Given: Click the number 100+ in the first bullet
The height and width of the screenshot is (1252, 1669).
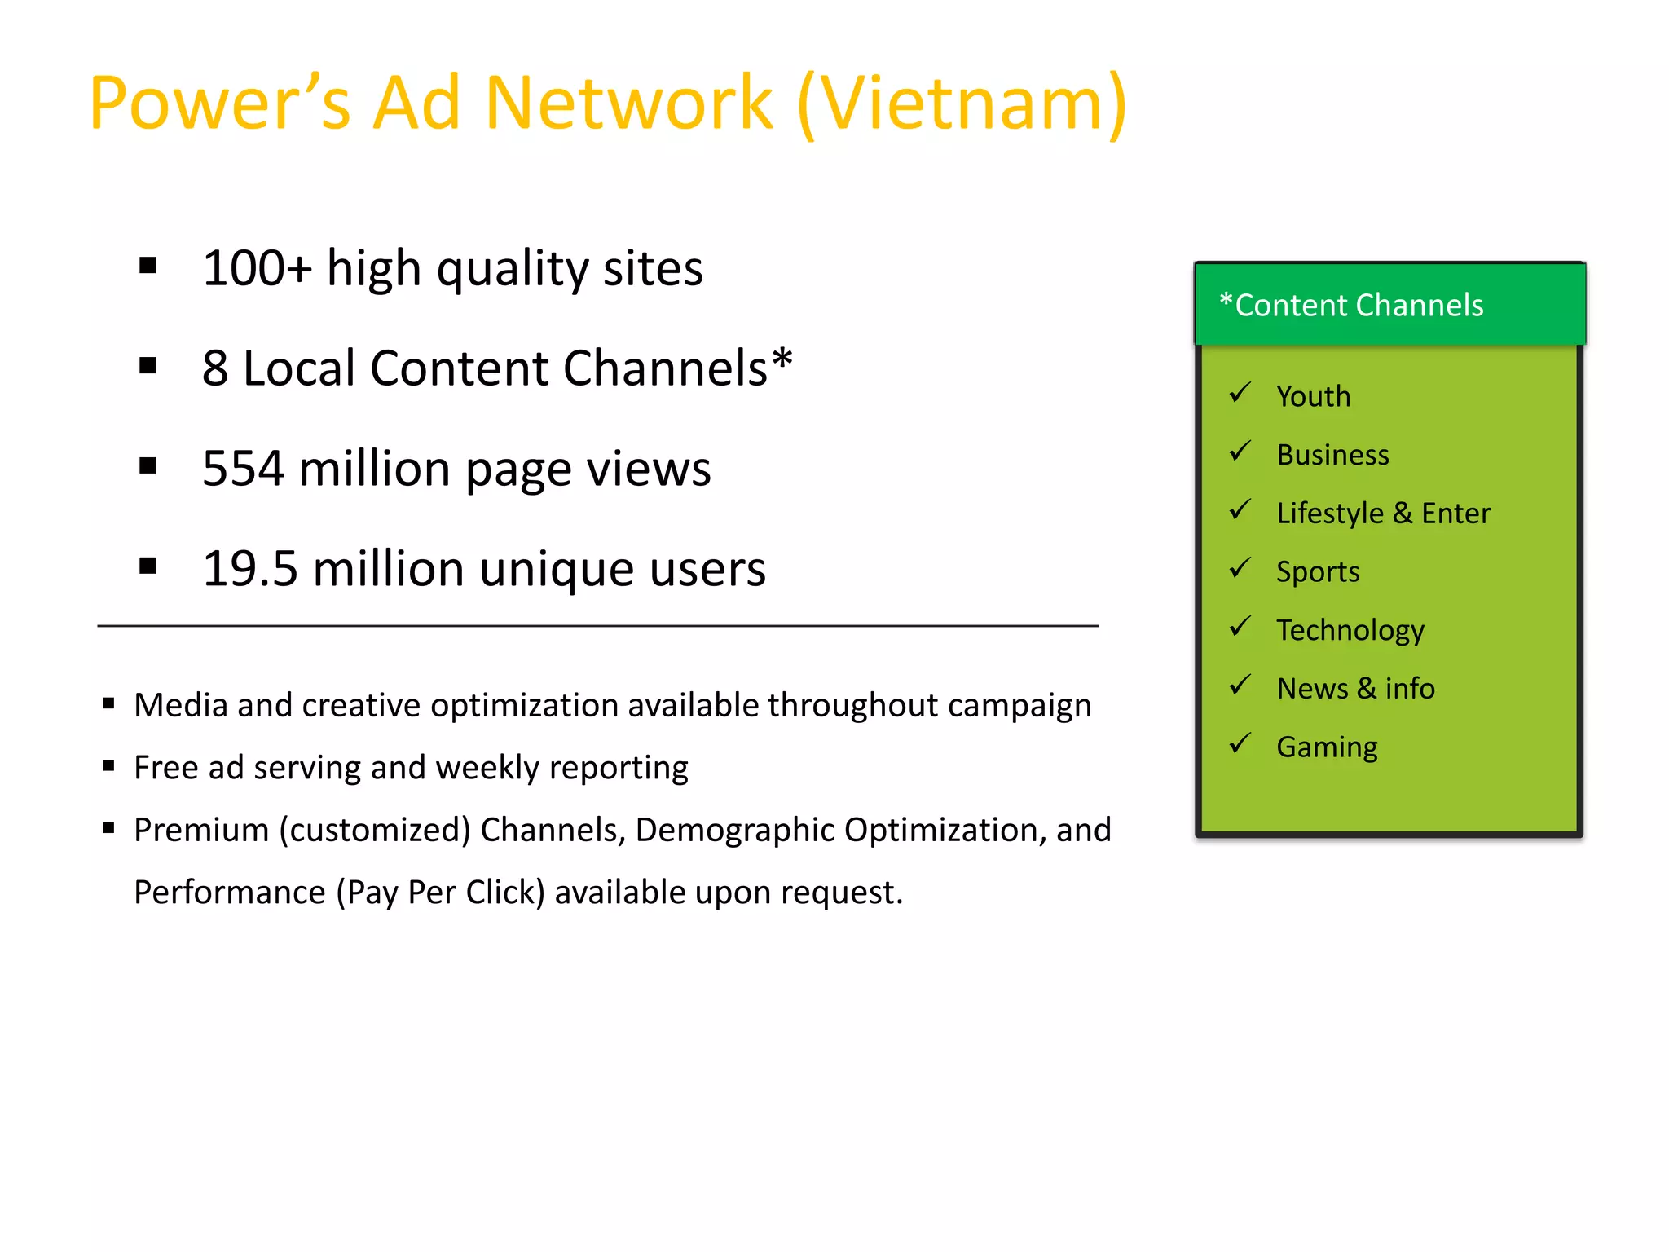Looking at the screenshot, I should [x=257, y=268].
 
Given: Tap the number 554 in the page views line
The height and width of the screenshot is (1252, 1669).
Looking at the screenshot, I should [x=243, y=469].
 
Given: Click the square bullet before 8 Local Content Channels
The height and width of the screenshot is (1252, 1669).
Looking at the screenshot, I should [x=148, y=366].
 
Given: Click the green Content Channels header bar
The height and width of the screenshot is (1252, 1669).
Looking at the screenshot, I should [x=1389, y=305].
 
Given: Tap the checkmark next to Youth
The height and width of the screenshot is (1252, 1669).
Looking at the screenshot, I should [x=1240, y=393].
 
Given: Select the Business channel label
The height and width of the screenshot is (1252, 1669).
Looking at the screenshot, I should [x=1332, y=455].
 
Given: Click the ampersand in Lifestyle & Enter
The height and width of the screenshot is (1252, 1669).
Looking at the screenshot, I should [x=1402, y=514].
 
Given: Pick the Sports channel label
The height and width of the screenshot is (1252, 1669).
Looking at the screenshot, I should [x=1317, y=572].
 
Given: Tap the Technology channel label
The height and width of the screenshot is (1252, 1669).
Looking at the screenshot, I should [x=1350, y=631].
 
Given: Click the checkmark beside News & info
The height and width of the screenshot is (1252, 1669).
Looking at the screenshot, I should [x=1240, y=685].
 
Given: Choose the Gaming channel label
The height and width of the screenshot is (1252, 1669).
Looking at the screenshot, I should [x=1327, y=747].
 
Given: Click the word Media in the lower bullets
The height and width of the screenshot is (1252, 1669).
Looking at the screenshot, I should [x=180, y=705].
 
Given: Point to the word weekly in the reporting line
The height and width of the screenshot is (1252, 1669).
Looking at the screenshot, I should [x=477, y=768].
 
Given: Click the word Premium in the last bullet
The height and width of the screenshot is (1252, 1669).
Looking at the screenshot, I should [x=201, y=830].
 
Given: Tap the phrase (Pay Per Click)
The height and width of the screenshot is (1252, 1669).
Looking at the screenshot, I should [x=440, y=893].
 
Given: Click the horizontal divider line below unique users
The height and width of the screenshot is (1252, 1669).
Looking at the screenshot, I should [x=597, y=626].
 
